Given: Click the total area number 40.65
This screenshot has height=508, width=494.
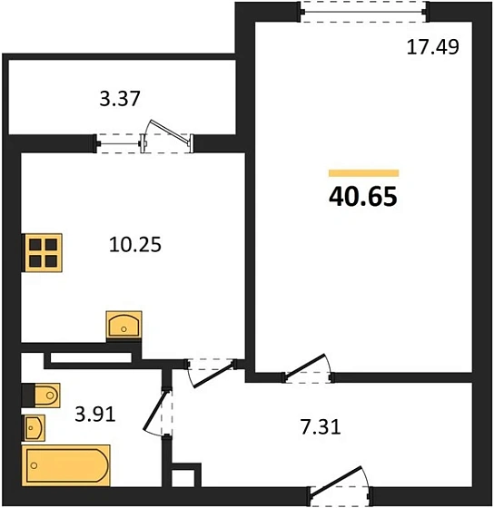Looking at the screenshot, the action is coord(363,197).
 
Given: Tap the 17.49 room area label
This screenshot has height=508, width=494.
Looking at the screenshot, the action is coord(432,47).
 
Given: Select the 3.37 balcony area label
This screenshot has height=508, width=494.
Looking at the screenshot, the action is coord(120,99).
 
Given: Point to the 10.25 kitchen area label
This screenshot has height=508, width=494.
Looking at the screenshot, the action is coord(135,244).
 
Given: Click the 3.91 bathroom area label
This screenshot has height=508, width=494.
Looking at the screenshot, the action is coord(95,414).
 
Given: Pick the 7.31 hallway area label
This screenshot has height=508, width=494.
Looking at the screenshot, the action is coord(321,427).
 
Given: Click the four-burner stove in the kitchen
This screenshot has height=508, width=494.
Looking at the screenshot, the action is coord(44,252).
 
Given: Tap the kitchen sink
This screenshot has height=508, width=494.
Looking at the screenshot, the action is coord(123,325).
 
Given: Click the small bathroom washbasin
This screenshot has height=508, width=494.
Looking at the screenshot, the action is coord(34,427).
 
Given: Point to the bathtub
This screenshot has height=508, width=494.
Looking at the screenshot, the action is coord(66,465).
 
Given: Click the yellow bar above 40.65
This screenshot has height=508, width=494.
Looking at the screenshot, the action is coord(363,173).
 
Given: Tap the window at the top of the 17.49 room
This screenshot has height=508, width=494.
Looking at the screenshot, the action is coord(363,12).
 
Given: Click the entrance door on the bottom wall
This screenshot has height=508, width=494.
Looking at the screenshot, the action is coord(340,484).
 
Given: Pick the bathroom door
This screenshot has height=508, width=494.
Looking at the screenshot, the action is coord(158,413).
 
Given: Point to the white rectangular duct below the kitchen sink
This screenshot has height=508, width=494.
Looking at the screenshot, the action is coord(91,357).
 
